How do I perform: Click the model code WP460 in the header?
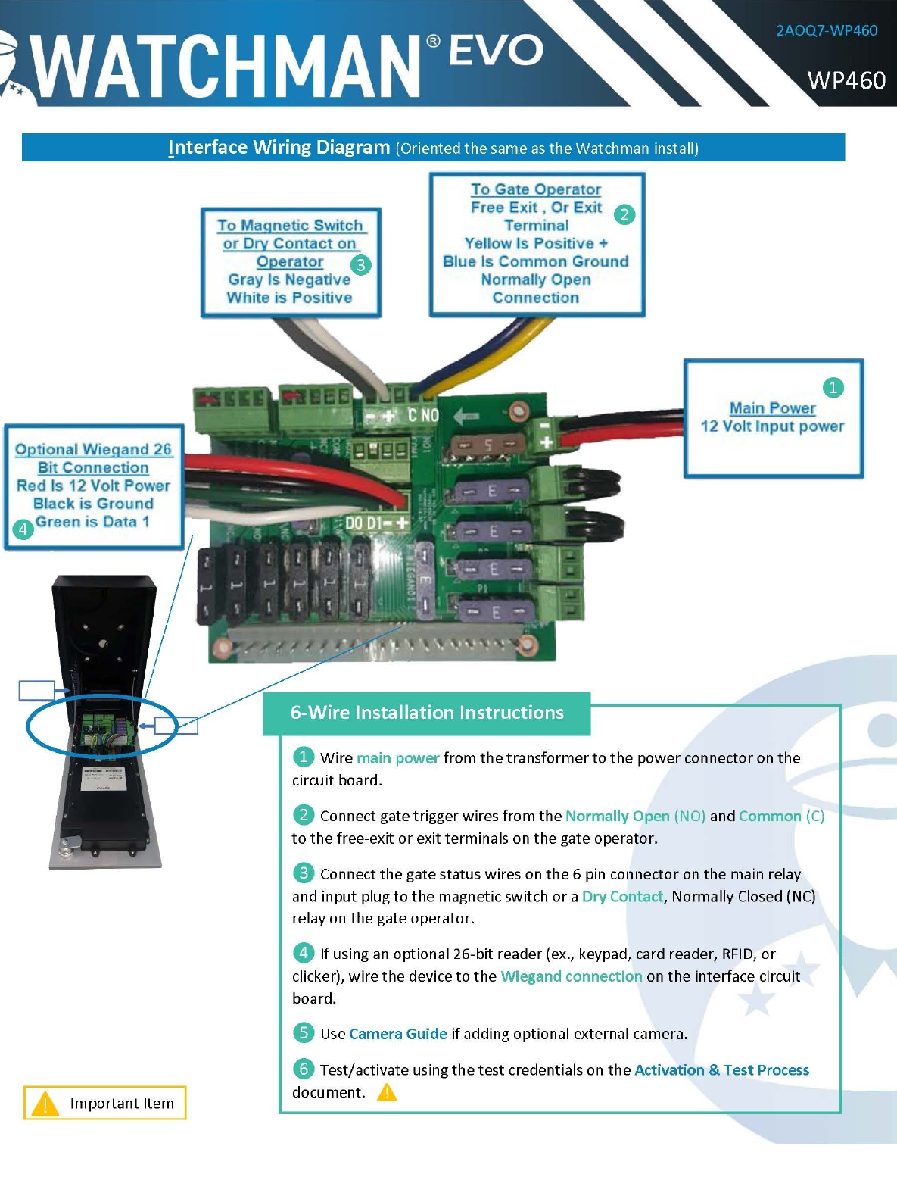846,80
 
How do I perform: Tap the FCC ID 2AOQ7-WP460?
827,30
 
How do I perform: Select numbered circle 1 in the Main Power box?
833,388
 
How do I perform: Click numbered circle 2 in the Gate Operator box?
624,214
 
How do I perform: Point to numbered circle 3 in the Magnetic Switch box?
360,265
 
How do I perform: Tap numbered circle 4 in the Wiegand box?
23,529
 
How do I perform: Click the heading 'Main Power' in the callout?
772,408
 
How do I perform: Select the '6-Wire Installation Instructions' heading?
427,713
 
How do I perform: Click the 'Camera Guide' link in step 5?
398,1034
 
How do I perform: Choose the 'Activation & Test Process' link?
721,1069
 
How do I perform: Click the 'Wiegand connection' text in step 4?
571,976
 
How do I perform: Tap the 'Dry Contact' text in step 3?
622,896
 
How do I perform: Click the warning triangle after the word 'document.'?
387,1092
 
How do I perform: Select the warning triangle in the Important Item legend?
45,1104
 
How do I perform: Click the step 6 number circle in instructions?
303,1069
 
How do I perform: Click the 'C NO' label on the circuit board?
423,415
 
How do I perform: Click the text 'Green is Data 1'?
92,521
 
